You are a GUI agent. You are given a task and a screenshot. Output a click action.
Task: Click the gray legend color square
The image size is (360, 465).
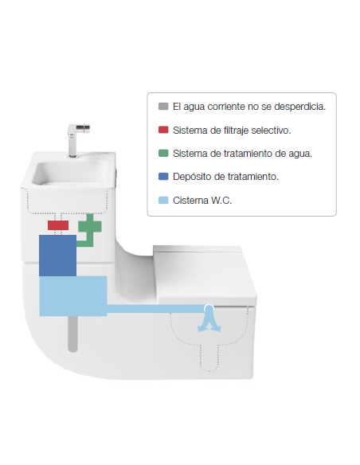(163, 106)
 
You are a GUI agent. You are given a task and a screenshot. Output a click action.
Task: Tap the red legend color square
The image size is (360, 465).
(163, 130)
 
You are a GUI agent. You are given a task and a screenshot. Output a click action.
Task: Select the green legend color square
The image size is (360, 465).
(163, 153)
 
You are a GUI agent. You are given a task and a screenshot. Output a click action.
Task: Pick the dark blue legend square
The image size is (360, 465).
(163, 177)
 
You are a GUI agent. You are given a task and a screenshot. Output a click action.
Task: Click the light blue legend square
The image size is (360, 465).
(163, 200)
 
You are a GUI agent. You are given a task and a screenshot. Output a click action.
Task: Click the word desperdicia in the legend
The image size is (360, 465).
(299, 107)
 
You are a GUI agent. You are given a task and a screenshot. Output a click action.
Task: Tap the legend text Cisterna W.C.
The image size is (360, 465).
(202, 201)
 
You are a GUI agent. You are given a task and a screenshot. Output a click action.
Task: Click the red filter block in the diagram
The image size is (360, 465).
(58, 225)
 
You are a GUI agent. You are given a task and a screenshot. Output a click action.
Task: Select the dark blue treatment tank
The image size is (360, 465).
(57, 256)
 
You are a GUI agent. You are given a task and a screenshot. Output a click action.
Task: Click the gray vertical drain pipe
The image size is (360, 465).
(72, 334)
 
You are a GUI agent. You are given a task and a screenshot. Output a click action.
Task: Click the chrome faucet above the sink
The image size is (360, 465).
(76, 140)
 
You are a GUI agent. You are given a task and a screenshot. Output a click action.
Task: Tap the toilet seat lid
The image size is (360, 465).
(205, 275)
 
